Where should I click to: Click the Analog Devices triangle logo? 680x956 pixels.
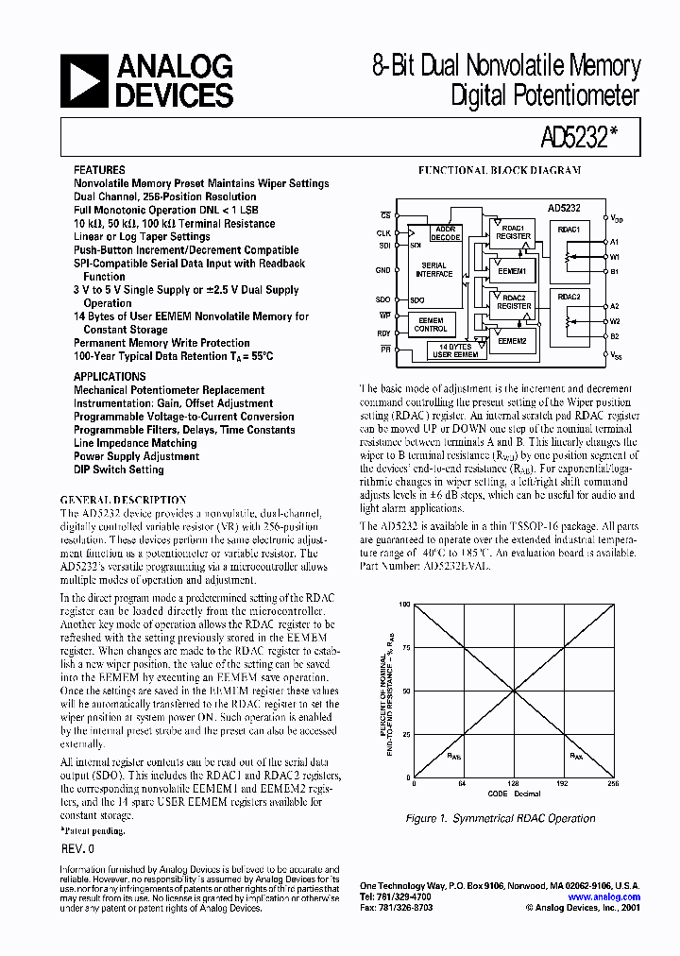click(x=83, y=80)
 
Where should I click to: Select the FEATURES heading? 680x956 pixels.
click(x=99, y=171)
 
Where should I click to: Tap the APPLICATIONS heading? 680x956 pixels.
click(x=110, y=376)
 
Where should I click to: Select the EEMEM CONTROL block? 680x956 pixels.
click(x=431, y=325)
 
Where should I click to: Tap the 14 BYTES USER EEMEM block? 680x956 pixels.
click(x=455, y=350)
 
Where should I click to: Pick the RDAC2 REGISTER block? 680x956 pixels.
click(x=514, y=301)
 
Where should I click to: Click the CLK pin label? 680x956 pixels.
click(x=383, y=231)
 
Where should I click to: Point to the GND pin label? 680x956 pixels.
click(x=382, y=271)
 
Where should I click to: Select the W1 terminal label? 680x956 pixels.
click(x=614, y=257)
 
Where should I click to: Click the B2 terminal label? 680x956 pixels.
click(x=614, y=336)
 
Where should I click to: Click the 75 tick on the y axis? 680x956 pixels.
click(x=407, y=647)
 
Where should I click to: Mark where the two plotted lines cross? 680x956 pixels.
click(x=515, y=691)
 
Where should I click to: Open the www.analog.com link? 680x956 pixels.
click(x=604, y=897)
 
